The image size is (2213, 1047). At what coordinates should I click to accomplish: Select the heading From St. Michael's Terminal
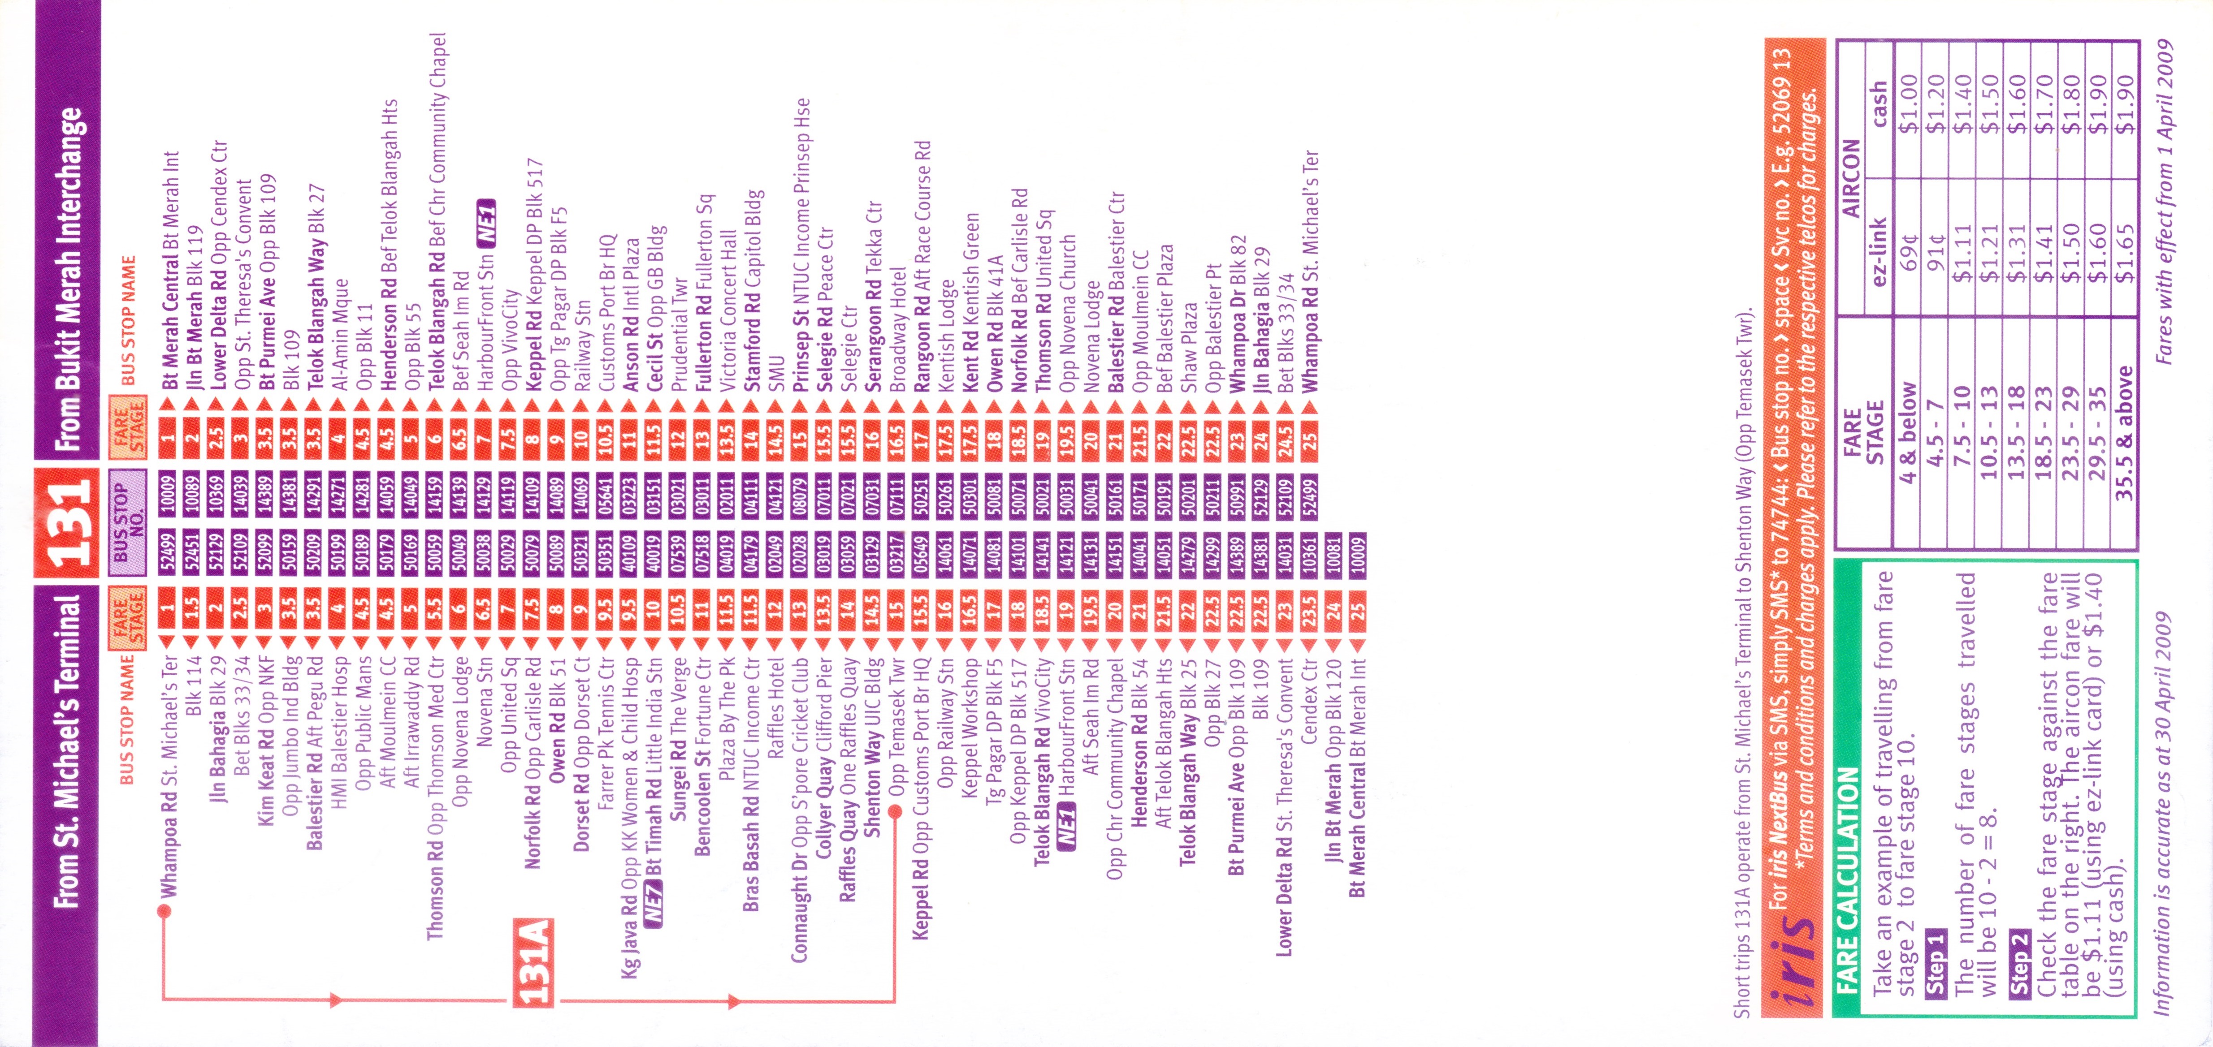pos(67,749)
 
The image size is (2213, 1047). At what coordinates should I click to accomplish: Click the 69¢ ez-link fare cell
pos(1907,249)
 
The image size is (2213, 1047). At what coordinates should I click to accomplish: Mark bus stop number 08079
pos(798,495)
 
